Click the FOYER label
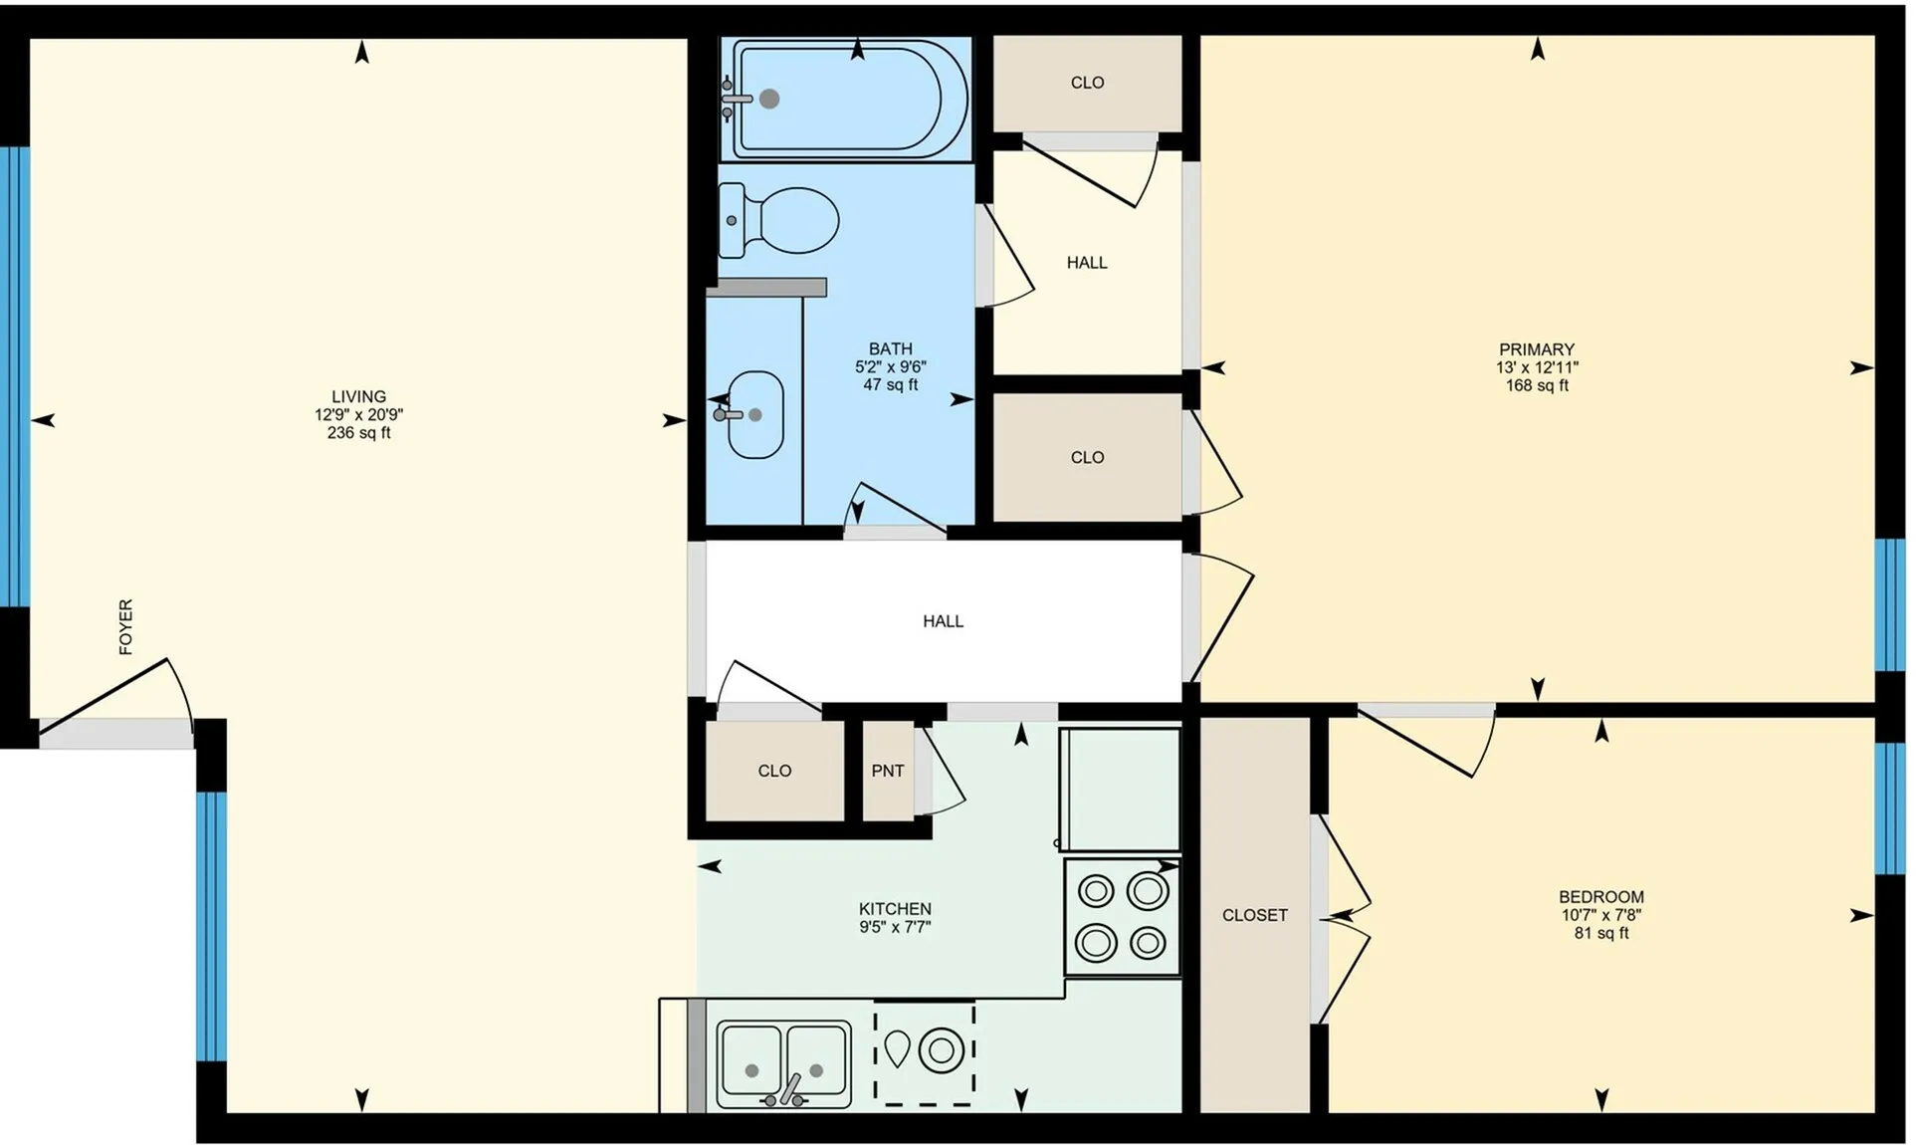(x=125, y=626)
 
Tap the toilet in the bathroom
(x=779, y=220)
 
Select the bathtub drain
(x=769, y=99)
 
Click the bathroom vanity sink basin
(x=755, y=414)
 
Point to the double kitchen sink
(x=784, y=1064)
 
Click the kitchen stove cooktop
(x=1122, y=916)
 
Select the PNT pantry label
(x=888, y=771)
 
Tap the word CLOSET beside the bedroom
(x=1255, y=915)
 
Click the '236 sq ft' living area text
(x=359, y=433)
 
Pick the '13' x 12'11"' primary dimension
(x=1537, y=367)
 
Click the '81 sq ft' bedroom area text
(x=1601, y=933)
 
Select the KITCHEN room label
(x=895, y=909)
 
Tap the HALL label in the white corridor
(x=943, y=621)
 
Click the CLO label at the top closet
(x=1087, y=83)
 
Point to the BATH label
(x=890, y=348)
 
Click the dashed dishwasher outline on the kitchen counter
(x=925, y=1052)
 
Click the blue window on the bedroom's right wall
(x=1889, y=807)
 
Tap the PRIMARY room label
(x=1537, y=349)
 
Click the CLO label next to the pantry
(x=774, y=771)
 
